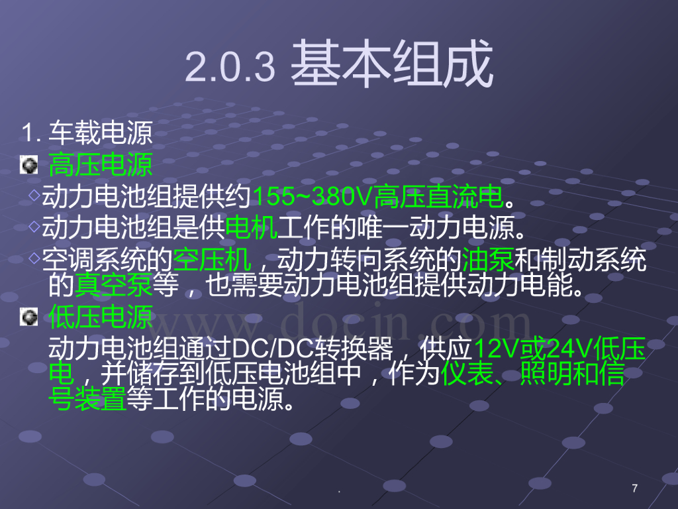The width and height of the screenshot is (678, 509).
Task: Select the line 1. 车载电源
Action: (87, 133)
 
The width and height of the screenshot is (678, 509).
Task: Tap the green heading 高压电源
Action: (101, 164)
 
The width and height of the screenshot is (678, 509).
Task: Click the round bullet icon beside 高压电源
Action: (28, 164)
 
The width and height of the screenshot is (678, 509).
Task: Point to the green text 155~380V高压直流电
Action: (378, 196)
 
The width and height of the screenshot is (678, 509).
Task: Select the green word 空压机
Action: (212, 259)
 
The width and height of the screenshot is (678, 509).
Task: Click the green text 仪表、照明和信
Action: (533, 374)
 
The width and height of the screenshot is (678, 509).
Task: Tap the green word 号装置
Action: (88, 400)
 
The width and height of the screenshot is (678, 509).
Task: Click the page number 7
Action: (635, 488)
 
